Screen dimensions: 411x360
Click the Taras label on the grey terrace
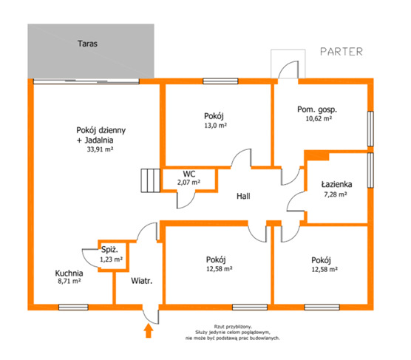[87, 44]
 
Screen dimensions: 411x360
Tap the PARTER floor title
[342, 52]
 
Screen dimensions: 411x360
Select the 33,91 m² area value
[100, 149]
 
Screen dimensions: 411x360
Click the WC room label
[189, 174]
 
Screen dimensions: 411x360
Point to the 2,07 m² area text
[188, 182]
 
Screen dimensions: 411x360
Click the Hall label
[243, 196]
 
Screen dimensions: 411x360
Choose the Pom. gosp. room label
[317, 109]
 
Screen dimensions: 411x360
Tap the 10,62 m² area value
[319, 118]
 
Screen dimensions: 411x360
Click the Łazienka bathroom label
[336, 185]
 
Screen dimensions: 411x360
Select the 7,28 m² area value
[336, 194]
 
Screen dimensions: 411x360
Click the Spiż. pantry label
[109, 250]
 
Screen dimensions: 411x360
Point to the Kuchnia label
[69, 274]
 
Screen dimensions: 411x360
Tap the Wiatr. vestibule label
[141, 281]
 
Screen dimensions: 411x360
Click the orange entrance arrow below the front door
[149, 330]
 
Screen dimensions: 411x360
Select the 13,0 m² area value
[215, 126]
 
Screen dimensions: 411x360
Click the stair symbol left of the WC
[151, 180]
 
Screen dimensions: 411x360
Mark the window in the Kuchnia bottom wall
[73, 307]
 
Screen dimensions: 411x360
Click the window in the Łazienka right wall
[370, 170]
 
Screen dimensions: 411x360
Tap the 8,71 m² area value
[69, 282]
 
